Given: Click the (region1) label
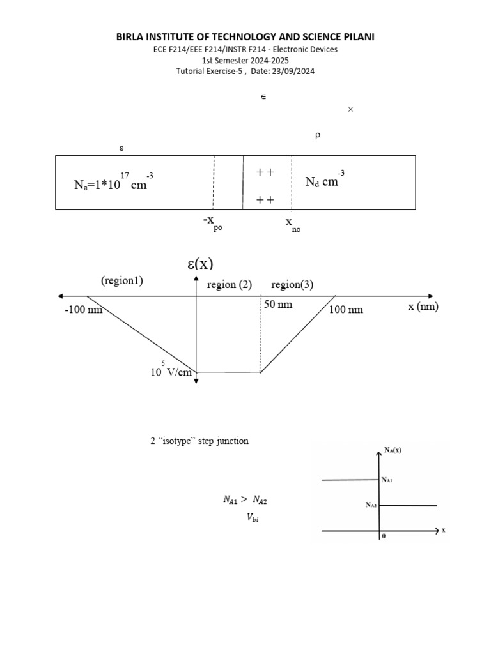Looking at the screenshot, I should coord(121,281).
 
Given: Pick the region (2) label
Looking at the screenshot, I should coord(230,285).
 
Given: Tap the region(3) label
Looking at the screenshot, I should coord(292,285).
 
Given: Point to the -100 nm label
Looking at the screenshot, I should coord(84,310).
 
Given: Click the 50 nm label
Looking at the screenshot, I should coord(278,305).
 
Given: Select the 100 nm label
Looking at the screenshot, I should coord(346,310).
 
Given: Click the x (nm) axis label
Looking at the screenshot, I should coord(424,307).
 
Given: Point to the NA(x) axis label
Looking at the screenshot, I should coord(393,450).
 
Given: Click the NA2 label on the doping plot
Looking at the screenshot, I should coord(371,505).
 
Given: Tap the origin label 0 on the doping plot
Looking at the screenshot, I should coord(384,537).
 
